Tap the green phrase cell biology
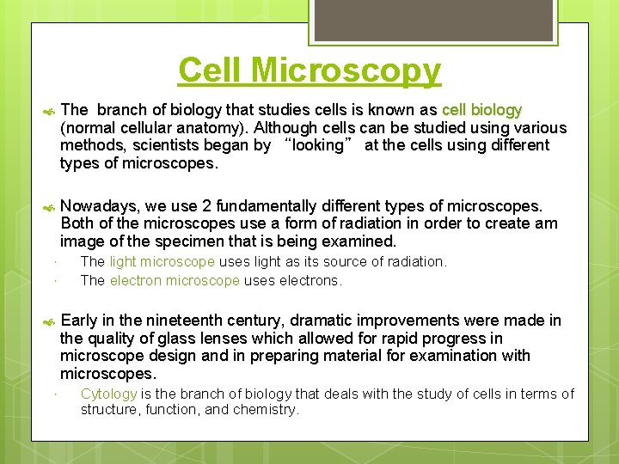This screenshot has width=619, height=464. tap(481, 110)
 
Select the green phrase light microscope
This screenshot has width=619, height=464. tap(161, 261)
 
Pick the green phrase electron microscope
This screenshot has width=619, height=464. tap(175, 280)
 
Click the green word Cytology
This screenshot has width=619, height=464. tap(108, 394)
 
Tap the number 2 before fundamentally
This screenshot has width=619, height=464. tap(206, 206)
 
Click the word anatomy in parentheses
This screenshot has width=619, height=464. tap(194, 128)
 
